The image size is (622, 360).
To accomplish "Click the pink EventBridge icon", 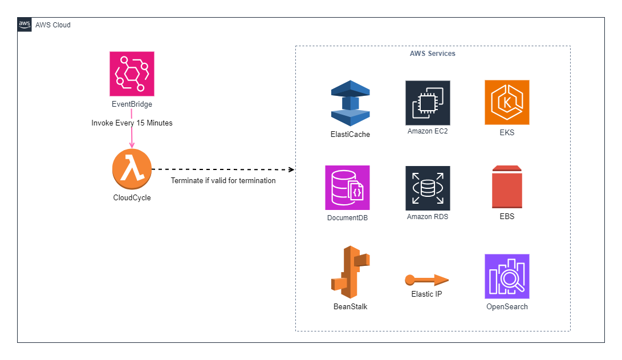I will tap(132, 74).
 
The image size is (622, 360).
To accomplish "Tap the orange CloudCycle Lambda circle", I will tap(132, 169).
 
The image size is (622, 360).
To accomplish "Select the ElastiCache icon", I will tap(351, 103).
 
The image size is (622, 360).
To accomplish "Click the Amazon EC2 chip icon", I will tap(428, 103).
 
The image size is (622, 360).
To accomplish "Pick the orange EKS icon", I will tap(507, 102).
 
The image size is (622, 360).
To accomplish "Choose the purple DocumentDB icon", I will tap(347, 188).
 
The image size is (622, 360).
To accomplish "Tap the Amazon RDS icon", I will tap(428, 188).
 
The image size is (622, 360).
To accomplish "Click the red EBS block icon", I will tap(507, 187).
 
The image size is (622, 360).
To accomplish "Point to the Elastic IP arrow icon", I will tap(426, 280).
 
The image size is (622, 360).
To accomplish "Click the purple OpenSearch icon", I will tap(507, 276).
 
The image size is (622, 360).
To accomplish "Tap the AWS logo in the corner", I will tap(25, 25).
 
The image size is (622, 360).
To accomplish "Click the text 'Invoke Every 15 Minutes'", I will tap(132, 123).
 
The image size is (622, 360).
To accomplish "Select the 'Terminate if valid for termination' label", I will tap(223, 180).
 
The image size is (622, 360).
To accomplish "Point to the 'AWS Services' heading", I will tap(432, 54).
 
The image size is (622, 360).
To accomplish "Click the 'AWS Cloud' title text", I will tap(53, 25).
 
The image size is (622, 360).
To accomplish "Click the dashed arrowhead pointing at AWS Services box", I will tap(292, 169).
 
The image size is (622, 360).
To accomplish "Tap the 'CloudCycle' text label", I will tap(132, 198).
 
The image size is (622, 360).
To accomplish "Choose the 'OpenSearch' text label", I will tap(507, 306).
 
